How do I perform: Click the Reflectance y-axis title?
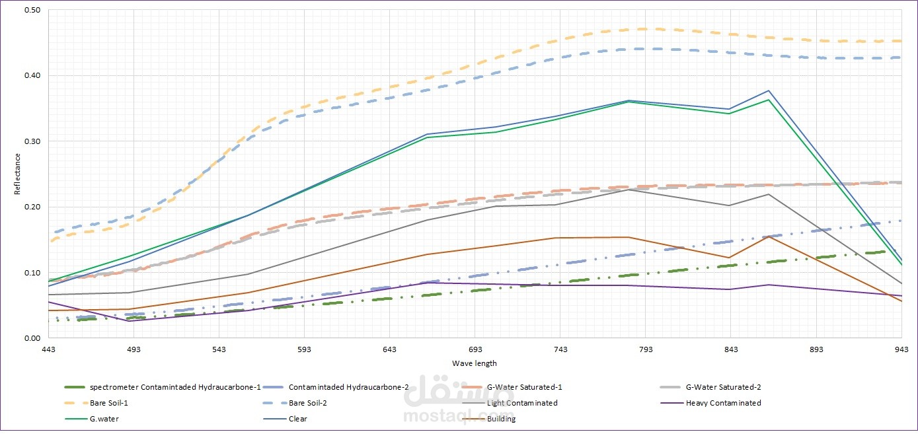click(17, 174)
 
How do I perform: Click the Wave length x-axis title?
click(474, 363)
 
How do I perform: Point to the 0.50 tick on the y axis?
click(32, 10)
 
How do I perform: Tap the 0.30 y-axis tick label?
click(32, 141)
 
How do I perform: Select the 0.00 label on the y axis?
click(32, 338)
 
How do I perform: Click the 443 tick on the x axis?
click(48, 349)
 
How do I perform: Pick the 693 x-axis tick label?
click(475, 349)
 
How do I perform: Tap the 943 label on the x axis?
click(901, 349)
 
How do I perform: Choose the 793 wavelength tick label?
click(646, 349)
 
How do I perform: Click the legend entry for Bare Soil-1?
click(96, 403)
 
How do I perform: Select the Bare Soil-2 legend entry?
click(295, 403)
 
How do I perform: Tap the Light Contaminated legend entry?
click(510, 403)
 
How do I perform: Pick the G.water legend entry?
click(92, 419)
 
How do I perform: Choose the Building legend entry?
click(489, 419)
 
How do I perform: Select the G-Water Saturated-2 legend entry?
click(711, 387)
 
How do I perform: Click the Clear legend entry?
click(286, 419)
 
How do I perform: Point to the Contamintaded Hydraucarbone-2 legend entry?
click(336, 387)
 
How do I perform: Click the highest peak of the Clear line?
click(769, 90)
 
